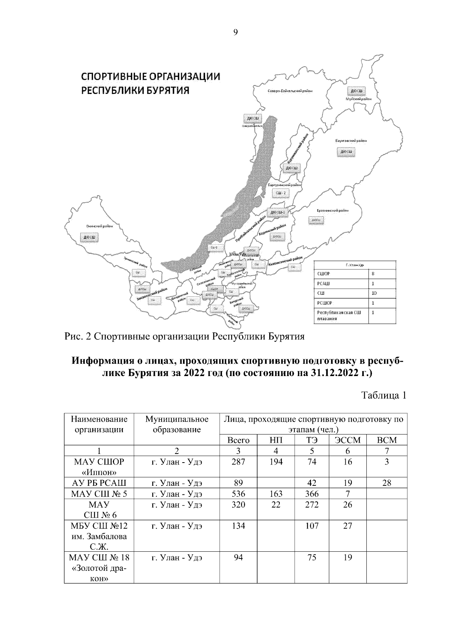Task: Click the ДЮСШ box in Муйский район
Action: point(356,91)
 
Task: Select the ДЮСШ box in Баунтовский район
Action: point(346,152)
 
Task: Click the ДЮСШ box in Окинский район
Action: point(89,237)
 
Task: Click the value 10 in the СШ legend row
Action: point(374,293)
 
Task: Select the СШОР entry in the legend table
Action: point(324,274)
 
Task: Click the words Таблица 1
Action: point(384,396)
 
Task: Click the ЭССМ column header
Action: point(347,440)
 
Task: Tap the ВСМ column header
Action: point(386,440)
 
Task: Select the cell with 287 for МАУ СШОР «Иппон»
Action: point(238,462)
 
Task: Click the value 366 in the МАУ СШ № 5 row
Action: point(311,494)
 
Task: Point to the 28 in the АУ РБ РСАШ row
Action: point(386,483)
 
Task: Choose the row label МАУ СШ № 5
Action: point(99,494)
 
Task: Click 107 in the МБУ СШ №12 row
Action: point(311,526)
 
